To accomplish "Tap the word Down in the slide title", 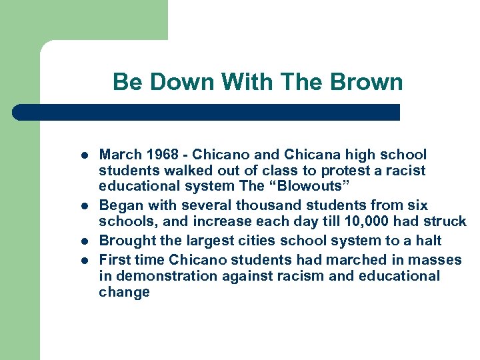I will coord(183,82).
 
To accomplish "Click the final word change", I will coord(124,293).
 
